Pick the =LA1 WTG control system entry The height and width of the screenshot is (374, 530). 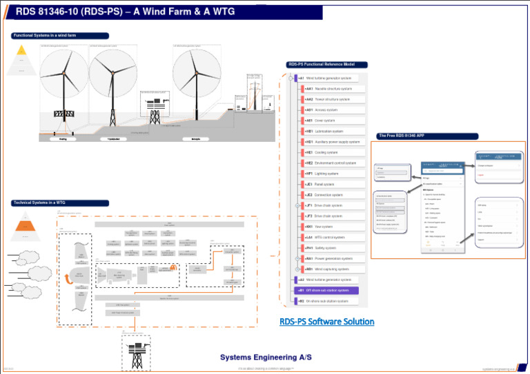324,237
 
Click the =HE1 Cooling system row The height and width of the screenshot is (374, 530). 321,152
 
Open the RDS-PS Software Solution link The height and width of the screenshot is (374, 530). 327,322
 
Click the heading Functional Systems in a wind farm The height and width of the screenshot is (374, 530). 44,35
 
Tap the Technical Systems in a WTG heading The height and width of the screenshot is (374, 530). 40,203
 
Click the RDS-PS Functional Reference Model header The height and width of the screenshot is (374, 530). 321,65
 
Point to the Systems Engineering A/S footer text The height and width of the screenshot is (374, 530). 264,357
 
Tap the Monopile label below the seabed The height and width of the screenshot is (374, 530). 195,138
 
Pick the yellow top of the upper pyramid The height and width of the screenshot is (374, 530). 22,49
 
